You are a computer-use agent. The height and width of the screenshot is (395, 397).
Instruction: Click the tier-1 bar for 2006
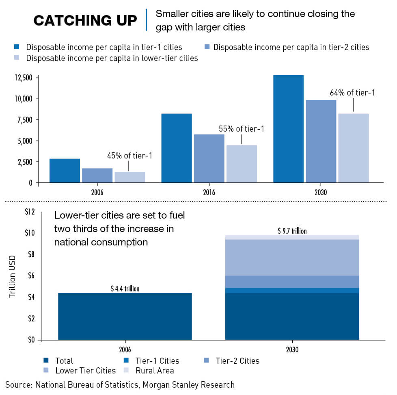[x=65, y=170]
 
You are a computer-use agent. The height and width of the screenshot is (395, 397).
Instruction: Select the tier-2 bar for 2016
[x=209, y=158]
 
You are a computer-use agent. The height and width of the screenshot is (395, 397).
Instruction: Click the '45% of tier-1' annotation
[x=129, y=155]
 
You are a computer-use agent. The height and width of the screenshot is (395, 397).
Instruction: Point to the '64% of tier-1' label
[x=352, y=93]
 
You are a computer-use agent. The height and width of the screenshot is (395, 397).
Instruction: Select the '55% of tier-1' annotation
[x=242, y=129]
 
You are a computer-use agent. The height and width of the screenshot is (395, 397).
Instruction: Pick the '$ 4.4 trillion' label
[x=125, y=289]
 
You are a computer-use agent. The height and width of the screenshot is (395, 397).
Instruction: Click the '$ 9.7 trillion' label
[x=292, y=231]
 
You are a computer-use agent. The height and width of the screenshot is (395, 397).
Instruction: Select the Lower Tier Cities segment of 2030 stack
[x=292, y=257]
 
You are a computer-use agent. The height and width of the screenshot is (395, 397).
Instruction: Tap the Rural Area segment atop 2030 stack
[x=292, y=237]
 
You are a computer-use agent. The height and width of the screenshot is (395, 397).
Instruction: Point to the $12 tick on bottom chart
[x=30, y=212]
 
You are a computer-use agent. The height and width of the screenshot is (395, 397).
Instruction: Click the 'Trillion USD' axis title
[x=12, y=276]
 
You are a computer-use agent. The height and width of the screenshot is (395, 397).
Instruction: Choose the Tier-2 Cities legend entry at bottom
[x=237, y=360]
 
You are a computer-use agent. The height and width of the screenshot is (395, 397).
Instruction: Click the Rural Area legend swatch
[x=127, y=370]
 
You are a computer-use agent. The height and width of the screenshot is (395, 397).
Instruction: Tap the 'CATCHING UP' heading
[x=85, y=21]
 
